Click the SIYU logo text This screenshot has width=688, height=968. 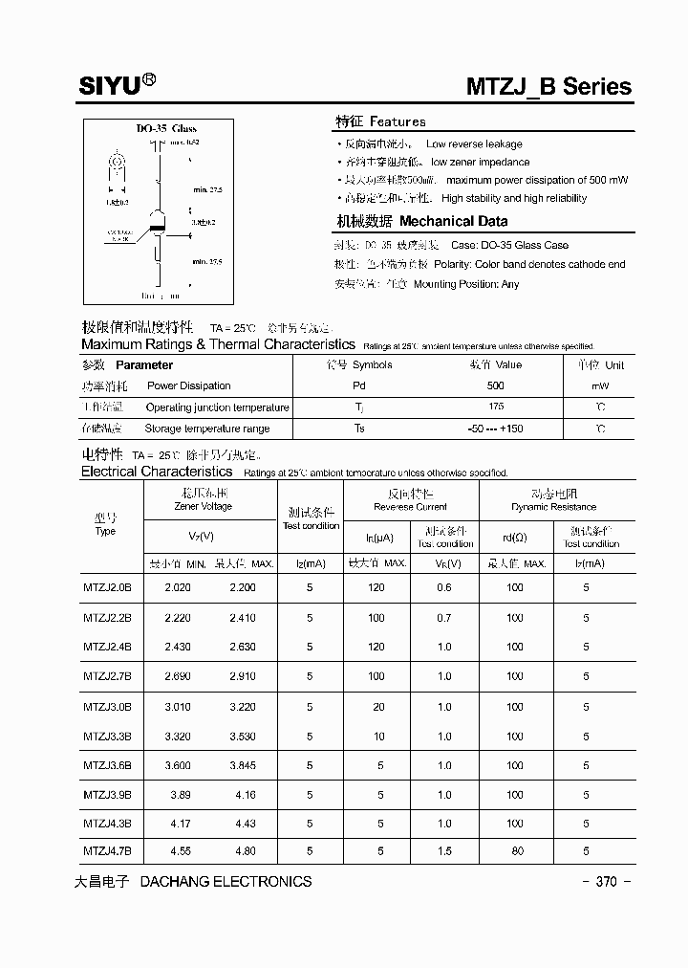pos(110,86)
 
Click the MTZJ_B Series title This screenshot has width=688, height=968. pos(548,86)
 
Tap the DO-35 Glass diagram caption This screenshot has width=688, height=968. pos(165,129)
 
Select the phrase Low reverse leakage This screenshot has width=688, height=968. pos(474,144)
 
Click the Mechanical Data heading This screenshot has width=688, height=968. pos(453,221)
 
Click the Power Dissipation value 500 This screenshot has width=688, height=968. pos(495,386)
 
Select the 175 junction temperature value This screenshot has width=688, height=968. pos(495,407)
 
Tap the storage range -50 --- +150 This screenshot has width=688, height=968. pos(495,429)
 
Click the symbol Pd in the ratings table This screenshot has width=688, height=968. pos(359,386)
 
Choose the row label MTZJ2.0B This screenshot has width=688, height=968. pos(107,588)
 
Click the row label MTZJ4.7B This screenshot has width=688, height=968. pos(107,849)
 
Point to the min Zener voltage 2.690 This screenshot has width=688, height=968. pos(178,676)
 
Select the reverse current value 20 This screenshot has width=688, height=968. pos(379,707)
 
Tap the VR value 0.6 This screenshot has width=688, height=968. pos(444,588)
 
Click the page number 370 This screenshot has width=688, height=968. pos(606,882)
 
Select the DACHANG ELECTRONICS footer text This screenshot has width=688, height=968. pos(226,882)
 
